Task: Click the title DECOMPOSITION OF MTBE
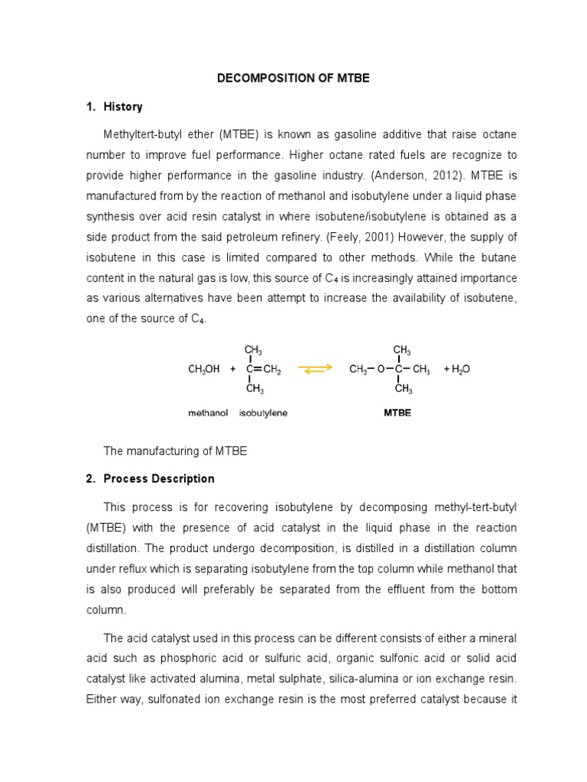[293, 79]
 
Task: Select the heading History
[123, 107]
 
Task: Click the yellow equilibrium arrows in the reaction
[315, 369]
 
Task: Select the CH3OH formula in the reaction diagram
[203, 370]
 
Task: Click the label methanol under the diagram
[208, 413]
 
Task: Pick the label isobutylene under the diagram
[263, 413]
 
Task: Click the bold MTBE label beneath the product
[397, 413]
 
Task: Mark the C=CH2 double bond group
[264, 370]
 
